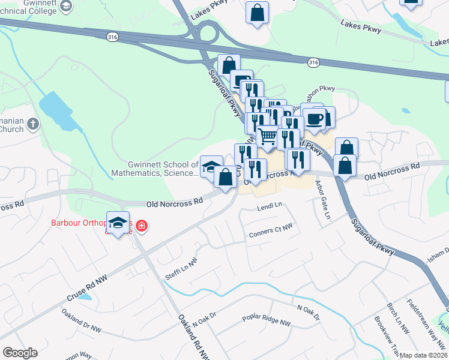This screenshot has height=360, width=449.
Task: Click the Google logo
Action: coord(20,353)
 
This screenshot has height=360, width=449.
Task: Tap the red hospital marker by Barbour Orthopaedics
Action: coord(142,226)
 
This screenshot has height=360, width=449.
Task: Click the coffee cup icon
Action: coord(314,118)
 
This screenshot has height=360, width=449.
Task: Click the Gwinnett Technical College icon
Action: coord(67,6)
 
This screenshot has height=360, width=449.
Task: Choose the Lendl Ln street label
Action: coord(269,206)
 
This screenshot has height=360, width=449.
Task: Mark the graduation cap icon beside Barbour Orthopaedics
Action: coord(118,221)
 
